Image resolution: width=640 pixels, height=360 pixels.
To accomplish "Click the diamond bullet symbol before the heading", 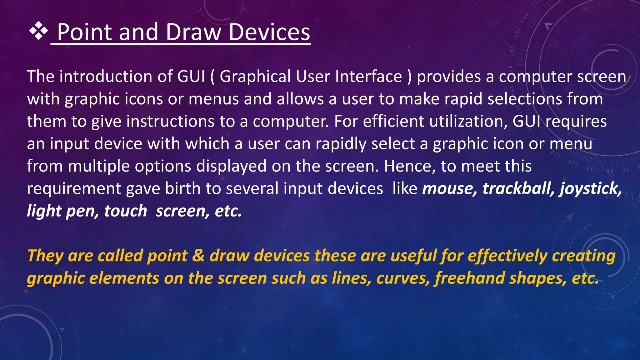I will [38, 31].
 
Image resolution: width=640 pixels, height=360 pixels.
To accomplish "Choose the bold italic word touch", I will [125, 211].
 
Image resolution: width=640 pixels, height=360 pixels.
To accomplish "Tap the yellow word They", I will [46, 256].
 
